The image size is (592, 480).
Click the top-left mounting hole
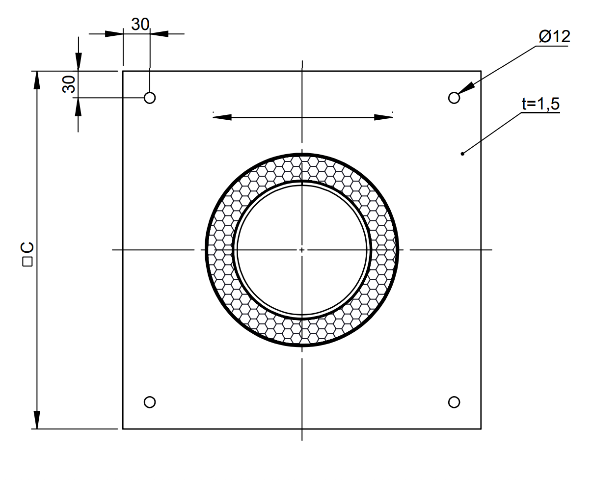(x=150, y=97)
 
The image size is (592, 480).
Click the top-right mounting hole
(x=454, y=97)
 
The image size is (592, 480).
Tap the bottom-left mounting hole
(x=150, y=402)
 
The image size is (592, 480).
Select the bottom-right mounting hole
(x=454, y=402)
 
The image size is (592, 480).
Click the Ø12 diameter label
(x=554, y=37)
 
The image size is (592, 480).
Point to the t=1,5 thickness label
(x=540, y=104)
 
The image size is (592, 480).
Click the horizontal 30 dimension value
(x=140, y=25)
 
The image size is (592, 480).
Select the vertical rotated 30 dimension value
(x=69, y=84)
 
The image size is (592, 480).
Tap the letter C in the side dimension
(x=27, y=247)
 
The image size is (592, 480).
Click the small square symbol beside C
(x=27, y=262)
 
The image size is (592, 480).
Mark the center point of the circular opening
(x=302, y=250)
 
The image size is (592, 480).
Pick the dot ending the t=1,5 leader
(x=462, y=154)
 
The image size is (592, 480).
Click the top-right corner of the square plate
(x=481, y=71)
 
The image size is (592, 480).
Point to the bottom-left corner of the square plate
(x=123, y=429)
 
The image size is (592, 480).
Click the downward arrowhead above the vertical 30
(x=78, y=62)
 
